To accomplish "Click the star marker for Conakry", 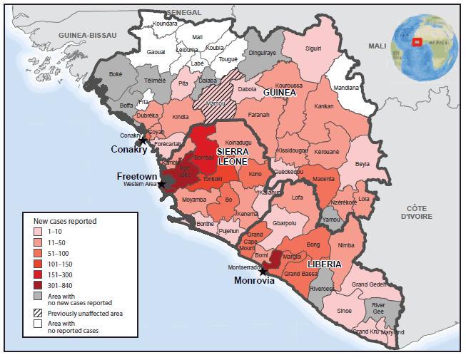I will tap(143, 139).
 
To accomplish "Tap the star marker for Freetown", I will tap(161, 184).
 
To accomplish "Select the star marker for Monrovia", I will tap(263, 271).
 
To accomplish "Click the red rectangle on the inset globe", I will tap(417, 41).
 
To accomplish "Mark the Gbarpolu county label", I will tap(285, 222).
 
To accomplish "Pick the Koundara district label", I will tap(165, 23).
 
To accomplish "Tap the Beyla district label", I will tap(363, 163).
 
